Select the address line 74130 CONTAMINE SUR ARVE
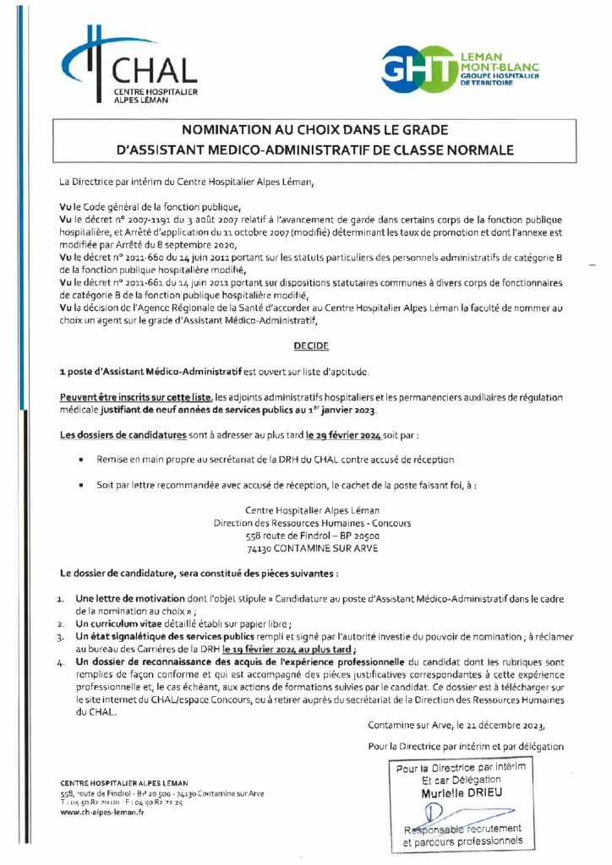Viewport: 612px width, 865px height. click(x=312, y=548)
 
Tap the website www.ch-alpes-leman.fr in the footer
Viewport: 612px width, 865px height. click(x=91, y=812)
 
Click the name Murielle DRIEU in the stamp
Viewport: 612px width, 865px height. click(x=461, y=793)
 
